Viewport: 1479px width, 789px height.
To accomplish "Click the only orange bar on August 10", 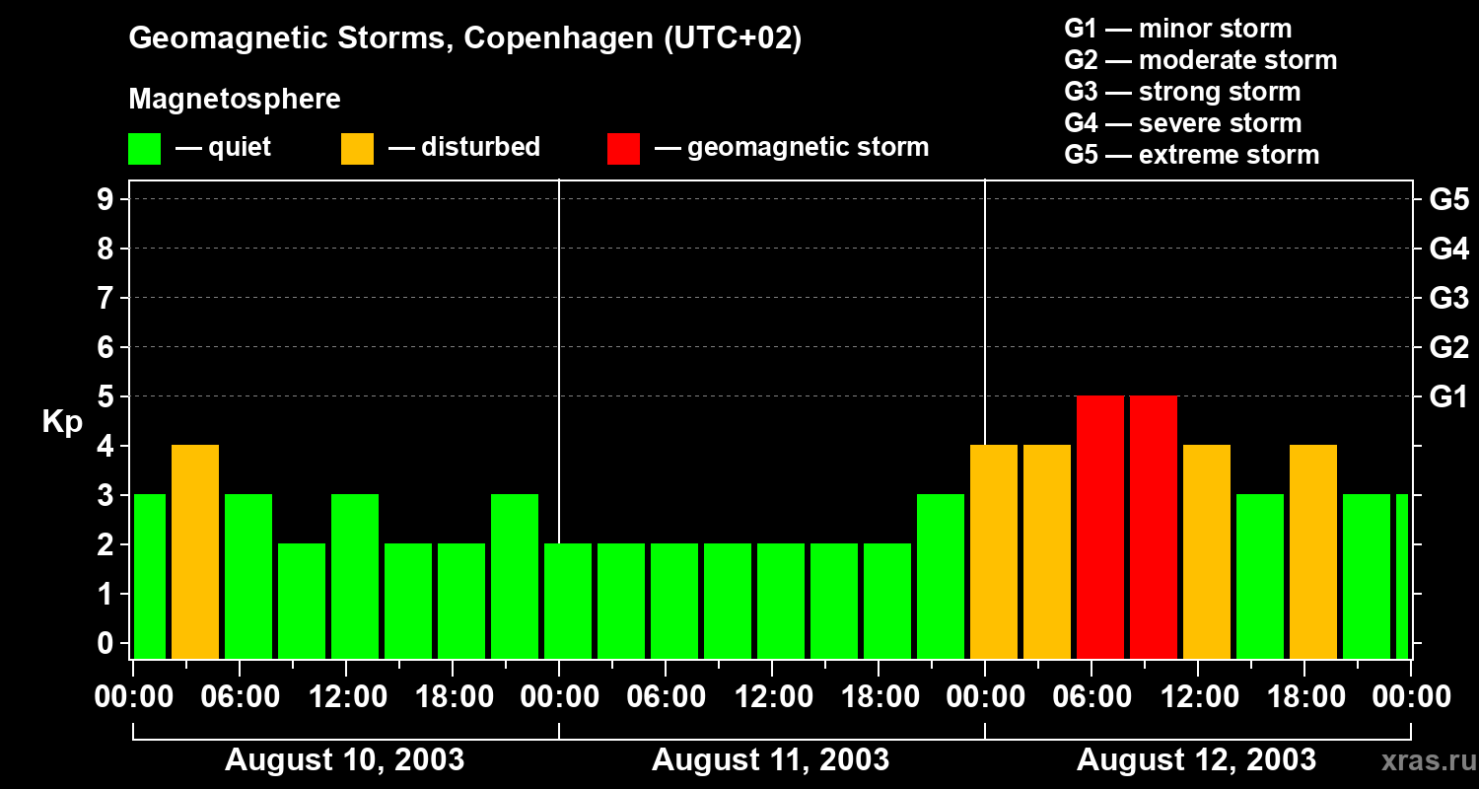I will (x=195, y=552).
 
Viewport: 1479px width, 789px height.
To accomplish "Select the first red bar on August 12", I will (x=1100, y=528).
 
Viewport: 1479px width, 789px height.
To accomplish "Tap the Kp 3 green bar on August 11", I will (x=941, y=577).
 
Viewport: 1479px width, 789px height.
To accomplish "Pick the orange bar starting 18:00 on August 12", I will (x=1313, y=552).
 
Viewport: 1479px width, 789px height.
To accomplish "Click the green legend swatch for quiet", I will (x=144, y=148).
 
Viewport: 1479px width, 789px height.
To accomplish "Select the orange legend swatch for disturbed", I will (x=357, y=148).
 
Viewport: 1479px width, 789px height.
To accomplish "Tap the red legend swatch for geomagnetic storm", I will (x=623, y=148).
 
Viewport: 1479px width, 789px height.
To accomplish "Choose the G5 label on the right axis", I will (x=1448, y=200).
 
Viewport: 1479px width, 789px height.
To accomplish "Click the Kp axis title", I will (x=62, y=422).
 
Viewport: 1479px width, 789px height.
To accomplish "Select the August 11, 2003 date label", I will (x=770, y=760).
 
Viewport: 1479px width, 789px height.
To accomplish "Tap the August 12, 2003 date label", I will (x=1196, y=760).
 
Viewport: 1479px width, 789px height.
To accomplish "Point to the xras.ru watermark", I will (x=1421, y=761).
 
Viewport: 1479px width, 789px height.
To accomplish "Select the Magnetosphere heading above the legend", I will (x=235, y=100).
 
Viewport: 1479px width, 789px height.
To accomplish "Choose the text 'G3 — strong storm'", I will (x=1182, y=92).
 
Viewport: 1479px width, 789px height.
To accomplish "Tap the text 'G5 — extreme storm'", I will (x=1191, y=155).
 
